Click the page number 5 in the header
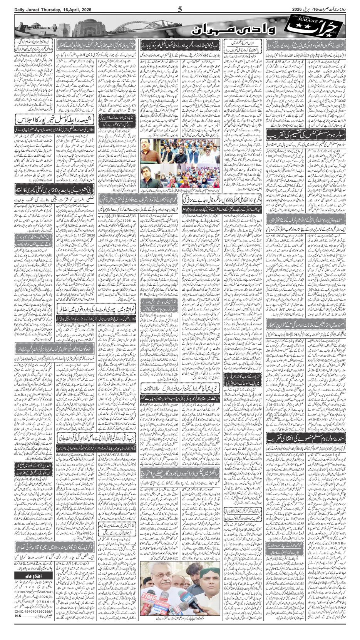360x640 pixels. click(x=180, y=9)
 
